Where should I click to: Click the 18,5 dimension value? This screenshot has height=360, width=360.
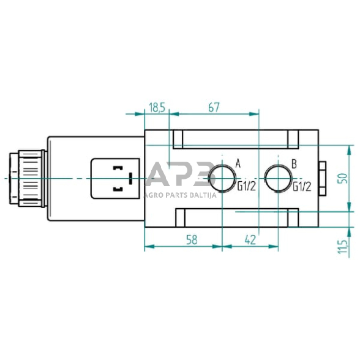157,108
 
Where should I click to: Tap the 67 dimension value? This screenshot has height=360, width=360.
214,108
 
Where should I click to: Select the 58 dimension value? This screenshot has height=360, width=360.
192,240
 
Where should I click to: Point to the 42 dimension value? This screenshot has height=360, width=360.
250,240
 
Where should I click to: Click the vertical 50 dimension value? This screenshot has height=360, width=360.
342,178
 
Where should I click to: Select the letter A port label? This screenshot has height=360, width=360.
238,164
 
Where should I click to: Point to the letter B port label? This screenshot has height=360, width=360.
294,164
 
